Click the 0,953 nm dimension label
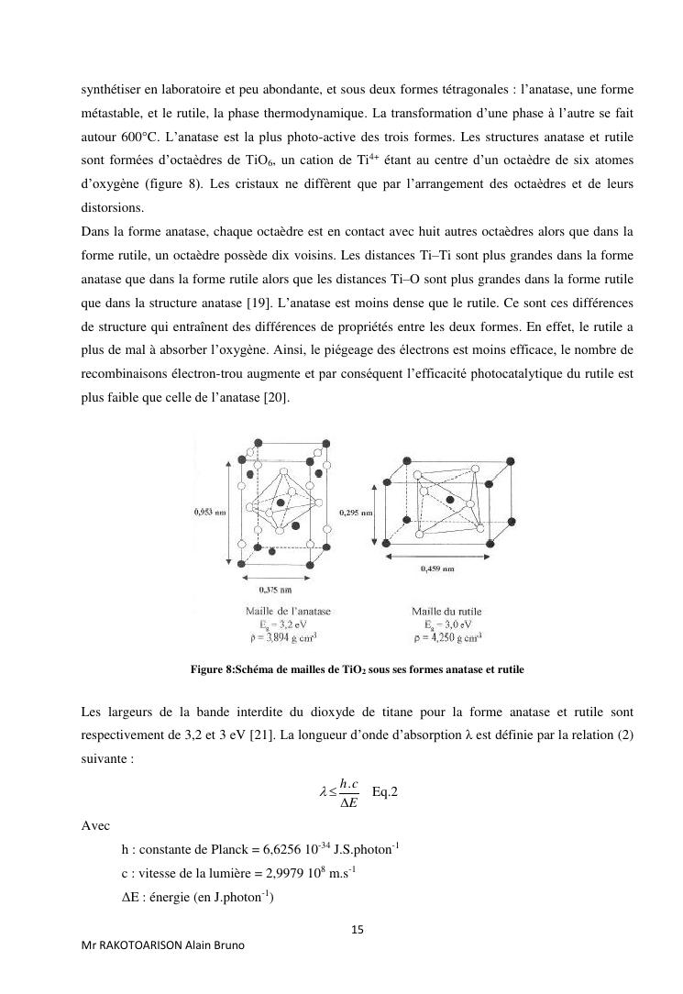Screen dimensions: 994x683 click(210, 513)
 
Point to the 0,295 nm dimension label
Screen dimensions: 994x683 click(357, 513)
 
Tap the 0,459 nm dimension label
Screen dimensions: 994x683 click(437, 569)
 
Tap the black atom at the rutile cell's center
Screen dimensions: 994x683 click(450, 500)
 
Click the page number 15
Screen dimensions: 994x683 click(358, 930)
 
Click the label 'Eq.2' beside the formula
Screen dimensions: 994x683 click(385, 791)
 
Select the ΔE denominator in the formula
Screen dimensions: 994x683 click(348, 804)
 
